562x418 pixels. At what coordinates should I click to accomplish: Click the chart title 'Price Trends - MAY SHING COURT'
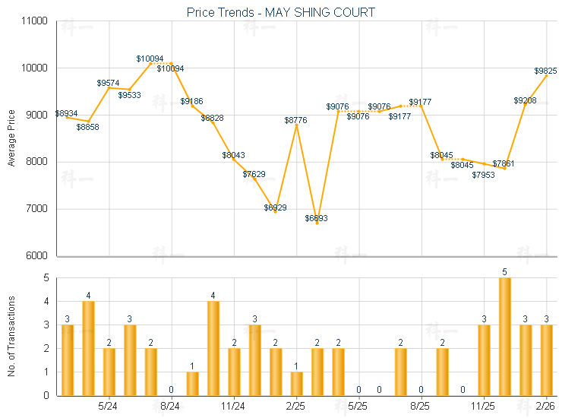[281, 12]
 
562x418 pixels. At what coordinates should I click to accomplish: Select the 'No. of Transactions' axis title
[11, 337]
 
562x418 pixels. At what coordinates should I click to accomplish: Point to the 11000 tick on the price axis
[35, 21]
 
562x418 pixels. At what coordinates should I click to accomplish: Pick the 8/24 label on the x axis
[170, 407]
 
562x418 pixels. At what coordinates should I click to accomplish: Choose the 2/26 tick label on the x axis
[545, 407]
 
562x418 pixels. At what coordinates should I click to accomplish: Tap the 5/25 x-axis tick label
[358, 407]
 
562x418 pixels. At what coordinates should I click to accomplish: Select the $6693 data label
[317, 218]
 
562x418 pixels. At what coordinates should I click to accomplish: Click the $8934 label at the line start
[67, 113]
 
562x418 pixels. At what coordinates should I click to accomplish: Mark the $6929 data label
[275, 207]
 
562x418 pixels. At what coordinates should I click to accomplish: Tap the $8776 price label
[296, 120]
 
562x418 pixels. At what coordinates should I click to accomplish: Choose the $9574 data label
[109, 82]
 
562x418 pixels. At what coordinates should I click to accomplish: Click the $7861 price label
[504, 163]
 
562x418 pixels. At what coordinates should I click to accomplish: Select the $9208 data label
[525, 100]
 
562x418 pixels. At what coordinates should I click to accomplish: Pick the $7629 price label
[254, 174]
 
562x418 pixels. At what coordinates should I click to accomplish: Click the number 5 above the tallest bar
[504, 271]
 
